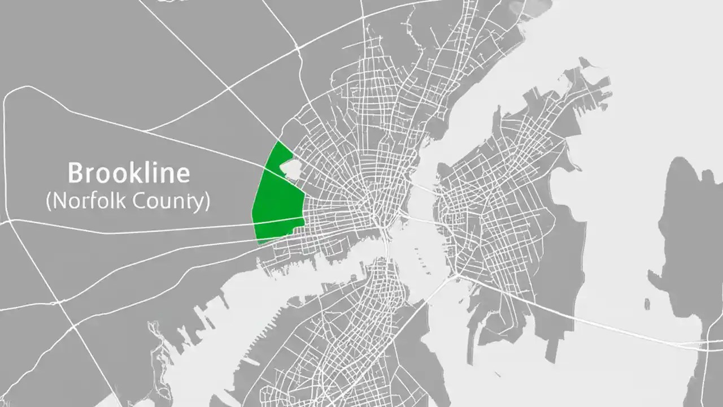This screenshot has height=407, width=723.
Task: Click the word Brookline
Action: tap(129, 172)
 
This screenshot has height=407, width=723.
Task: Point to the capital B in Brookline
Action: tap(76, 172)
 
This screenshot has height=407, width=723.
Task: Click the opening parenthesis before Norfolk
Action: tap(49, 201)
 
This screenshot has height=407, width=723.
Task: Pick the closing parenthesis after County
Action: tap(206, 201)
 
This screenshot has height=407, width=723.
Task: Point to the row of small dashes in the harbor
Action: tap(420, 257)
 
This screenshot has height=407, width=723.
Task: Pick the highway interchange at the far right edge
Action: tap(706, 343)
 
